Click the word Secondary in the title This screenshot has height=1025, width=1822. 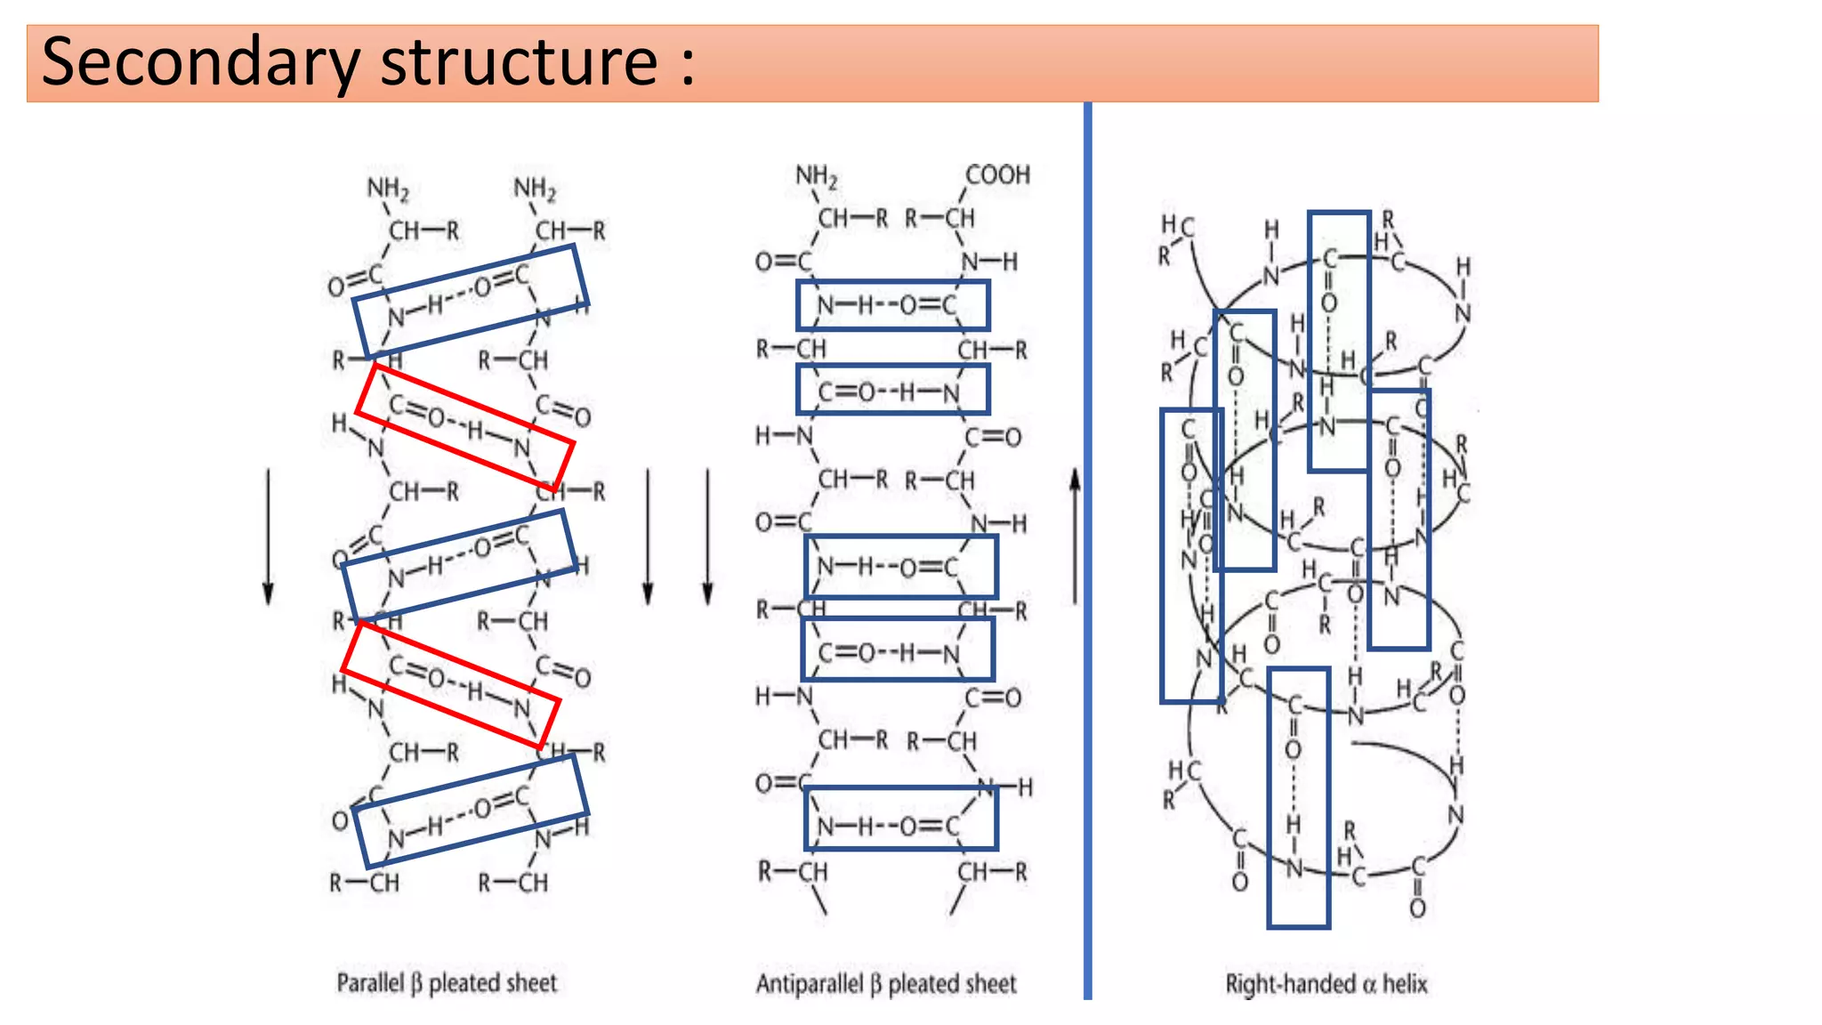point(200,62)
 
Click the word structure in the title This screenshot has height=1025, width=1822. point(519,62)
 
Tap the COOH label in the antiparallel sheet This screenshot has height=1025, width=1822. point(997,175)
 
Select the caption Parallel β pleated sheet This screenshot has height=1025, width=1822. point(447,983)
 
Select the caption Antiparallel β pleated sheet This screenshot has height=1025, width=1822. point(886,984)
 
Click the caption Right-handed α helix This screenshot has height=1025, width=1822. point(1326,984)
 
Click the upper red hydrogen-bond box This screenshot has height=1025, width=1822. point(464,428)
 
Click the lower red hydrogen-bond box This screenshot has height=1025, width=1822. point(451,685)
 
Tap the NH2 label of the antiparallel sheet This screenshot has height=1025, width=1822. point(816,177)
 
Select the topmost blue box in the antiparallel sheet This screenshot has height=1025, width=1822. point(892,305)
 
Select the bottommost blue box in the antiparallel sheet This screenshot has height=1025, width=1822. point(900,819)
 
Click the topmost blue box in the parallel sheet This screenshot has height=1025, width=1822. point(471,302)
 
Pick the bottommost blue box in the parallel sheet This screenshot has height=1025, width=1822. point(471,811)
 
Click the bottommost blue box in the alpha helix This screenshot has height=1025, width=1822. point(1298,797)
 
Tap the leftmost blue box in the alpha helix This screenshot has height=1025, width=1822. point(1191,556)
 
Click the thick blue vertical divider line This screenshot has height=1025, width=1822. point(1087,552)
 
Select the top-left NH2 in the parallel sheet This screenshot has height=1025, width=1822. point(387,189)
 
